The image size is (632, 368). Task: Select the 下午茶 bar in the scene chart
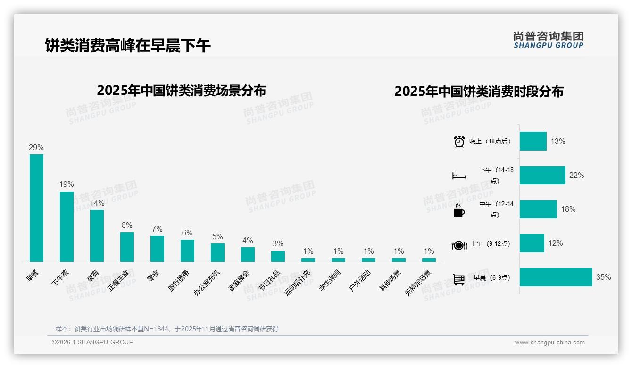(x=67, y=226)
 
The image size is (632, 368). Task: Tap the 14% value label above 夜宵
(x=97, y=203)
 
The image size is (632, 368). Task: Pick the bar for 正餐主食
(x=127, y=247)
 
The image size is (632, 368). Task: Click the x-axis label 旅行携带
(x=179, y=280)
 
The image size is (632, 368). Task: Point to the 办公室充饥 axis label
(x=207, y=283)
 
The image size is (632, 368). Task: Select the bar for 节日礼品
(x=278, y=256)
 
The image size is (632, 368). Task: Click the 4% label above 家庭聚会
(x=248, y=240)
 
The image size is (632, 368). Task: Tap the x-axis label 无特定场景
(x=418, y=283)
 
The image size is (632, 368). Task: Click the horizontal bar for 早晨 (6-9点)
(x=556, y=277)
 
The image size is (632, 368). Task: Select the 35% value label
(x=603, y=277)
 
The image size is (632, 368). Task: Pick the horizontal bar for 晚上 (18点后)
(x=533, y=141)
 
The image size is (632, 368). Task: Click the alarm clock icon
(x=459, y=142)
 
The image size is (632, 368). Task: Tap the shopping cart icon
(x=459, y=279)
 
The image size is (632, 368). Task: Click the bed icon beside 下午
(x=459, y=176)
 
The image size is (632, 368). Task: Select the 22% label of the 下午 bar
(x=576, y=176)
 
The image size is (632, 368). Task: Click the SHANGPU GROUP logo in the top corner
(x=548, y=40)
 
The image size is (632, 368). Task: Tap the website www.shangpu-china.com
(x=549, y=343)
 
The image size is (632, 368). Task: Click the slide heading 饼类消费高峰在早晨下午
(x=128, y=45)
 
